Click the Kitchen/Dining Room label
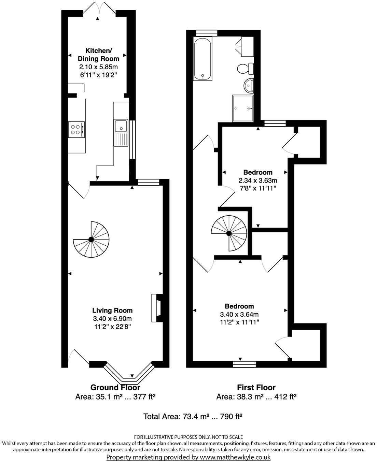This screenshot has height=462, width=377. (98, 55)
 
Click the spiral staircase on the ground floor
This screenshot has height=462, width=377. (91, 240)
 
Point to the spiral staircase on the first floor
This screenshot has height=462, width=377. (228, 233)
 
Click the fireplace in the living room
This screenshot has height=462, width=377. (157, 308)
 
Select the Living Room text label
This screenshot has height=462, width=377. (112, 311)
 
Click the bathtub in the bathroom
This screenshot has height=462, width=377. (203, 59)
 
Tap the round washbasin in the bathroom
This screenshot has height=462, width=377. (249, 86)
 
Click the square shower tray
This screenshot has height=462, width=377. (243, 108)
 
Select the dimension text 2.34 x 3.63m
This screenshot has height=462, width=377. (258, 180)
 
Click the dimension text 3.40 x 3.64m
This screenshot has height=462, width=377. (239, 314)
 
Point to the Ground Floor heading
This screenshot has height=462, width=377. (115, 388)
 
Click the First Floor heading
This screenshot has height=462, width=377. (256, 388)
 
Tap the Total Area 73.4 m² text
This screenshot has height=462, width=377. (193, 416)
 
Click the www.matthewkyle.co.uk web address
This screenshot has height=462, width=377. (235, 457)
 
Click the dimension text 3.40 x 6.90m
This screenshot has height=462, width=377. (112, 319)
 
